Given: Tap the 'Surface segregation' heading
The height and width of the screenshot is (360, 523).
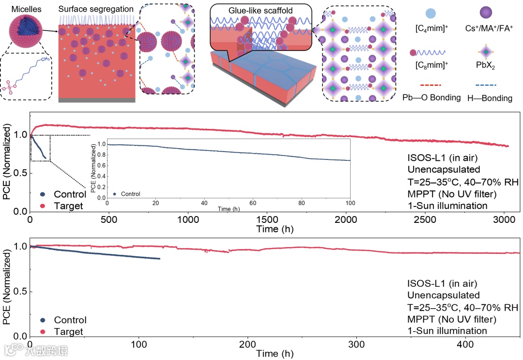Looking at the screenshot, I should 95,9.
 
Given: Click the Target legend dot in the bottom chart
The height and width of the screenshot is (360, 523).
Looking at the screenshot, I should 43,332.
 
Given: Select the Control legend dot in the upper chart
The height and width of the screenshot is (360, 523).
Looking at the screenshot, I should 43,195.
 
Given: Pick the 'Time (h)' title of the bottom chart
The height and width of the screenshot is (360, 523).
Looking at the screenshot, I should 274,354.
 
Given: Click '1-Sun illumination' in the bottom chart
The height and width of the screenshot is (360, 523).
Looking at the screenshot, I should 446,331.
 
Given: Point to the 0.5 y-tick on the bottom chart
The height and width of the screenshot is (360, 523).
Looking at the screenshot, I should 21,292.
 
